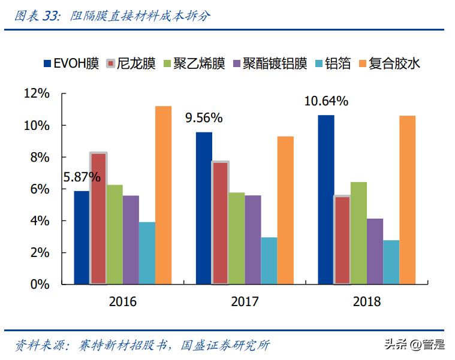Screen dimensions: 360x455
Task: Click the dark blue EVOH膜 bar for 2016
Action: coord(82,237)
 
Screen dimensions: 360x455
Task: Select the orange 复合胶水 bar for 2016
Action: coord(163,195)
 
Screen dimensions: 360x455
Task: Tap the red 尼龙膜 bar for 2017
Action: coord(220,223)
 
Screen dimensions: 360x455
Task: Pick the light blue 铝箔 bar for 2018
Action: coord(391,262)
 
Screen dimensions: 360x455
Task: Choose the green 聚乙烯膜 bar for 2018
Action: coord(358,232)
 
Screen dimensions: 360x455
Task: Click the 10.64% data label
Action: coord(326,101)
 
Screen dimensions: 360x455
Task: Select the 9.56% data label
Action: coord(204,118)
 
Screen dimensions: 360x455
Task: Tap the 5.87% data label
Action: coord(82,177)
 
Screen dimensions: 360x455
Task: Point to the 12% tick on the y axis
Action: coord(37,93)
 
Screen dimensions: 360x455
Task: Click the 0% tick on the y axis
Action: coord(40,285)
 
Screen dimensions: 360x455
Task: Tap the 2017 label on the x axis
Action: coord(245,301)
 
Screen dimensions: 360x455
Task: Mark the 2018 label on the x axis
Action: coord(366,301)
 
